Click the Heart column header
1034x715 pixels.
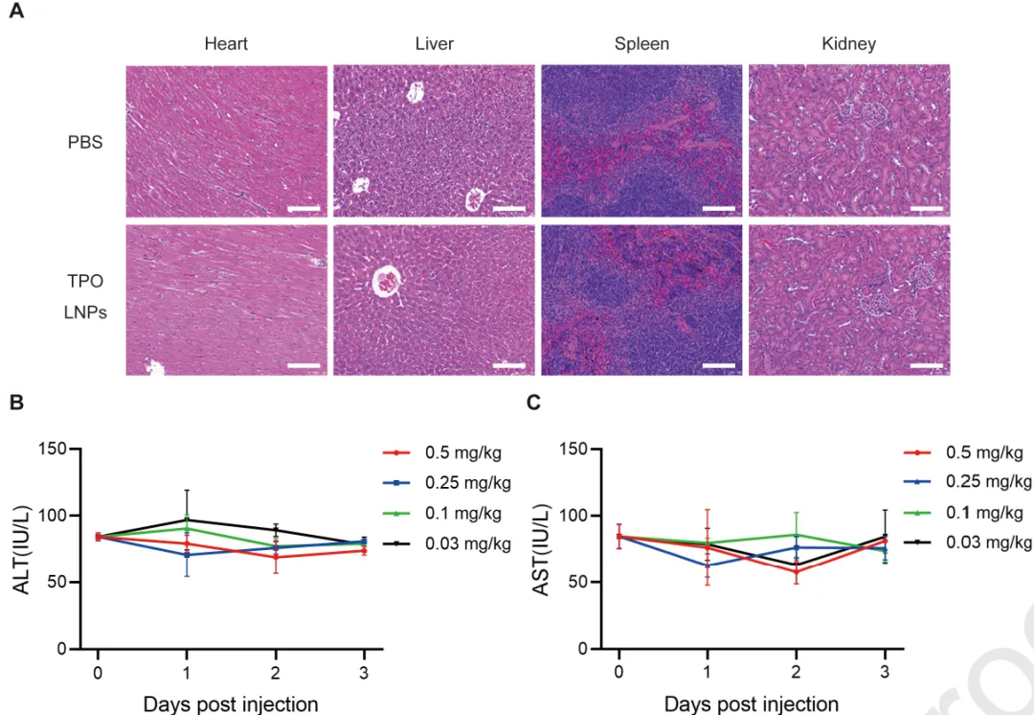(x=226, y=44)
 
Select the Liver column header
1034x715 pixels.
(x=435, y=44)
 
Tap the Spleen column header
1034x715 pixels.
(x=641, y=44)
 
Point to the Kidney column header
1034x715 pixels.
(x=848, y=44)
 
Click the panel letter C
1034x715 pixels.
(x=534, y=403)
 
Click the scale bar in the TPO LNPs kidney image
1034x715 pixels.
(x=926, y=365)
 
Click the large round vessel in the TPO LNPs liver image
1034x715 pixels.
(x=388, y=282)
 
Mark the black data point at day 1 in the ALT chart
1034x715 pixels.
(x=187, y=520)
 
